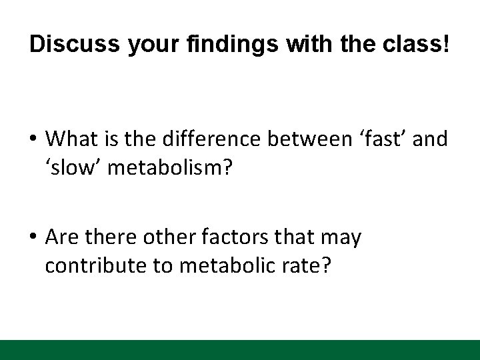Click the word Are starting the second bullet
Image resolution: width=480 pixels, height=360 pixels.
click(62, 238)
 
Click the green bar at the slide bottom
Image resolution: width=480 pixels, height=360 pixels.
click(240, 349)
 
